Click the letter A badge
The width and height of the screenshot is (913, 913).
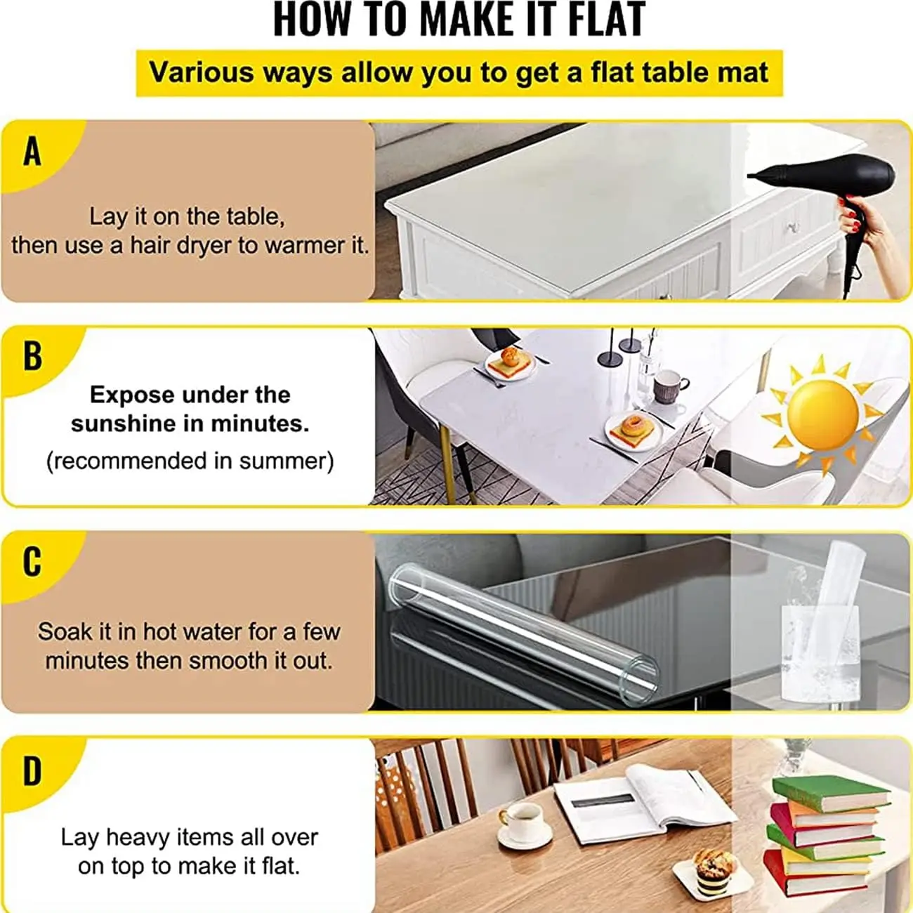click(x=32, y=152)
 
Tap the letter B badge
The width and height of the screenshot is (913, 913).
click(x=32, y=355)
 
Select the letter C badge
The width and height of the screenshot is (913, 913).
click(x=32, y=562)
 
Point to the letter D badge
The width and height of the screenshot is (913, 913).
click(x=32, y=771)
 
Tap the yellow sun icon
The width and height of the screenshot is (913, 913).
click(x=822, y=414)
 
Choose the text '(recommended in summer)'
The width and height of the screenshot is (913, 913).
click(x=190, y=461)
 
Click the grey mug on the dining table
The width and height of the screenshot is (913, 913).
click(x=667, y=386)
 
